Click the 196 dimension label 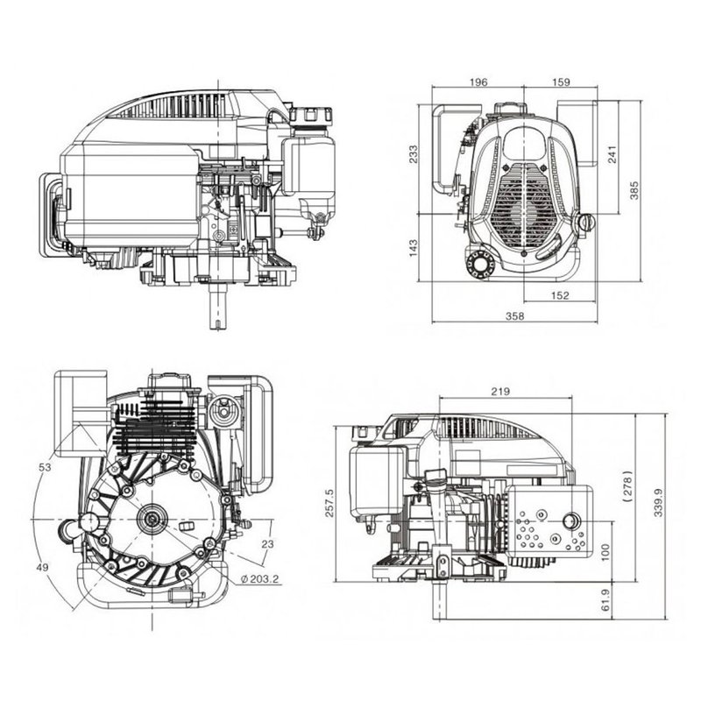tap(478, 82)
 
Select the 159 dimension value tap(561, 82)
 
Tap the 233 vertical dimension tap(414, 154)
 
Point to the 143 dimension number tap(414, 248)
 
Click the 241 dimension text tap(612, 154)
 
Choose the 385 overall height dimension tap(634, 190)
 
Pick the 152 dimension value tap(560, 295)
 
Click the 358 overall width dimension tap(514, 316)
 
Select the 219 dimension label tap(500, 392)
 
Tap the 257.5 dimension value tap(329, 503)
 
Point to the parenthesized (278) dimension tap(627, 486)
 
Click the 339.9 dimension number tap(658, 503)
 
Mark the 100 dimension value tap(605, 553)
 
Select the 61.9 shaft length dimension tap(605, 600)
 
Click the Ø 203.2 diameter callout tap(259, 579)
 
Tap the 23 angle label tap(267, 544)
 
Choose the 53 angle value tap(45, 468)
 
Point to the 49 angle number tap(43, 567)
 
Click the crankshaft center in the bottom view tap(152, 520)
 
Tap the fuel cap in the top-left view tap(311, 116)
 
